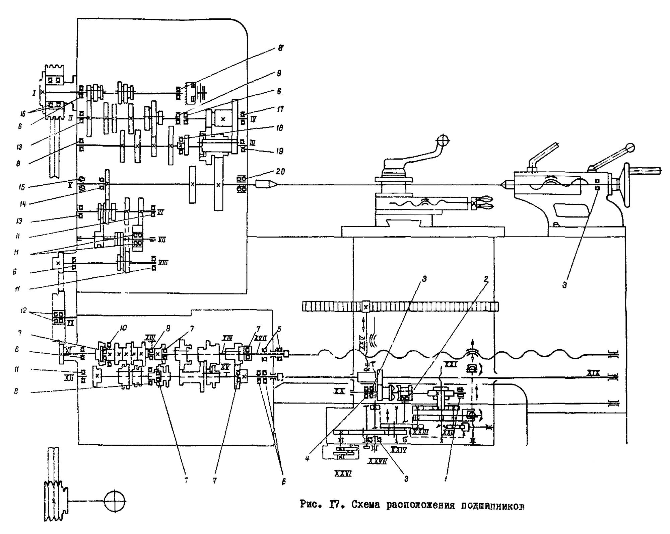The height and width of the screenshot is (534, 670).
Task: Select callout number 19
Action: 280,151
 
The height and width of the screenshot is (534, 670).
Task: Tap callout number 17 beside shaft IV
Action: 280,109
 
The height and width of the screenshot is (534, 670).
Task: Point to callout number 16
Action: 22,114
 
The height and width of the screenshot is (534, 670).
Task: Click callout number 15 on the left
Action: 22,187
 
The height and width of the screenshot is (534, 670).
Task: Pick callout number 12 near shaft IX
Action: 23,311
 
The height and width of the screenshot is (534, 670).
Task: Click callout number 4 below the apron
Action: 307,458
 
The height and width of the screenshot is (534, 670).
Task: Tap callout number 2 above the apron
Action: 486,278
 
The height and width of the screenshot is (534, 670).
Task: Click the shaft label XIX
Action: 593,373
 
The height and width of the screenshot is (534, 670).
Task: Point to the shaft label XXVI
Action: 343,473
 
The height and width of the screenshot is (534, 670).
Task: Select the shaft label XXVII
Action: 378,461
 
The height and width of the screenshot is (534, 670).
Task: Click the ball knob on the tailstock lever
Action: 631,148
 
